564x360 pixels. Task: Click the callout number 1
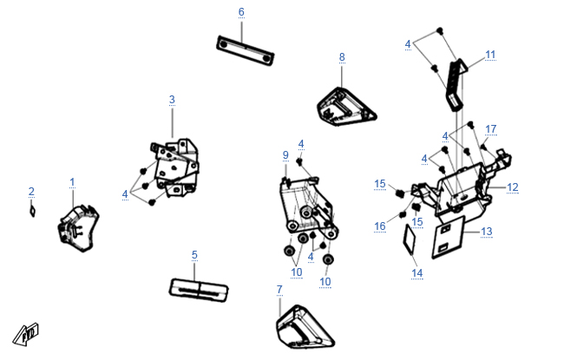tap(72, 182)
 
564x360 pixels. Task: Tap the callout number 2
tap(31, 192)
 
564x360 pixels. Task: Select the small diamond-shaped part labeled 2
tap(32, 211)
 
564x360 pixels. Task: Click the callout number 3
tap(172, 100)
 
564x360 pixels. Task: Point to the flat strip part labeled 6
tap(246, 50)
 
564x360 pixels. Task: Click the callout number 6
tap(241, 12)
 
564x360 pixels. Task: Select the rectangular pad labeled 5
tap(199, 290)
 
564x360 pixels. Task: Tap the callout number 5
tap(194, 255)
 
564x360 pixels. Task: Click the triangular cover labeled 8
tap(346, 107)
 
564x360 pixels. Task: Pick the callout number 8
tap(342, 57)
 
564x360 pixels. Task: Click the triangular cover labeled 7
tap(305, 328)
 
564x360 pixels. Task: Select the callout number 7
tap(279, 290)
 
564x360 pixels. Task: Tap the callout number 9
tap(285, 155)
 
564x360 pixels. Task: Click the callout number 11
tap(490, 55)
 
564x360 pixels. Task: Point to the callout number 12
tap(513, 187)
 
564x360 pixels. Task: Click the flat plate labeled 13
tap(449, 237)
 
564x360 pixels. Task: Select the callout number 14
tap(416, 273)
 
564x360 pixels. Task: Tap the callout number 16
tap(380, 226)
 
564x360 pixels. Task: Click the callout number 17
tap(491, 128)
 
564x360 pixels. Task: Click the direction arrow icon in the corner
tap(26, 334)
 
